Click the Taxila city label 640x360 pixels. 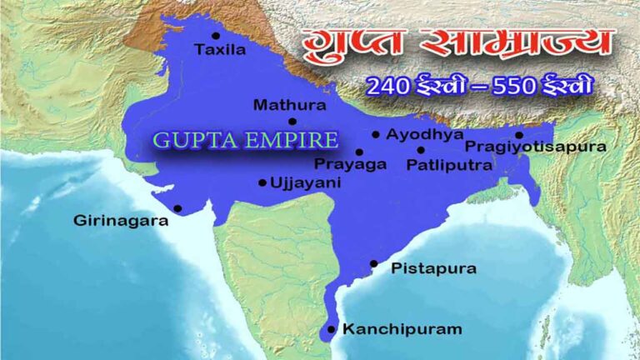(x=220, y=50)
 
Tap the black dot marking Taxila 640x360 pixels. (x=216, y=35)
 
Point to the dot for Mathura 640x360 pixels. (x=292, y=121)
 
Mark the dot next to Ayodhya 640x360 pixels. (x=376, y=134)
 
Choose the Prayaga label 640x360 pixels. (x=351, y=164)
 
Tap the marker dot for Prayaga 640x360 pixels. (x=359, y=152)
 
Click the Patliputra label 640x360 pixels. (x=449, y=165)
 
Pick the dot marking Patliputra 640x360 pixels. (x=421, y=151)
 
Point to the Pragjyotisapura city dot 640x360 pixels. (x=518, y=134)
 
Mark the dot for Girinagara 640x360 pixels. (x=177, y=208)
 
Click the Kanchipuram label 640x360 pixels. (x=402, y=329)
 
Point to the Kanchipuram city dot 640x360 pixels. (x=332, y=329)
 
